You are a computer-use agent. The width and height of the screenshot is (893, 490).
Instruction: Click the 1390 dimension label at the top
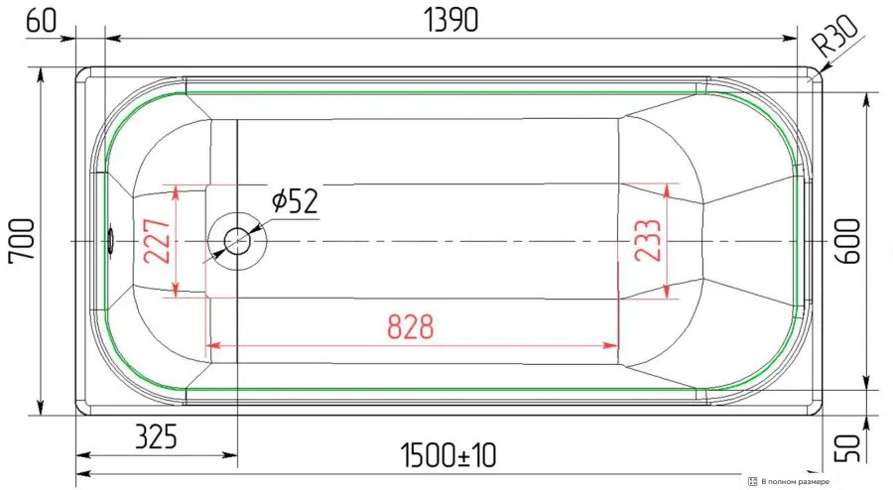point(451,20)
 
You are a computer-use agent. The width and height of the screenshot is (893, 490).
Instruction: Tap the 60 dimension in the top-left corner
point(42,21)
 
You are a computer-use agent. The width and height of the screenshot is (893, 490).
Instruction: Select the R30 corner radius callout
point(834,36)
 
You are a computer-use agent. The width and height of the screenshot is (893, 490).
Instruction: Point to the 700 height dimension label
point(22,239)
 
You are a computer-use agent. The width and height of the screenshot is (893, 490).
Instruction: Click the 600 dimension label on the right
point(847,241)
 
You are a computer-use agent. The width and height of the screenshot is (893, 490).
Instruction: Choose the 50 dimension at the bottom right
point(848,448)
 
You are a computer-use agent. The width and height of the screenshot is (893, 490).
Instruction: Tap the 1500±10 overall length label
point(448,455)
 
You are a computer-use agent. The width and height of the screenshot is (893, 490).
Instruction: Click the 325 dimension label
point(156,436)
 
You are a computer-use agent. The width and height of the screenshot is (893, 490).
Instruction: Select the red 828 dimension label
point(411,326)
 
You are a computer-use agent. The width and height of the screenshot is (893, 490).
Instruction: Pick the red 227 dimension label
point(158,241)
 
